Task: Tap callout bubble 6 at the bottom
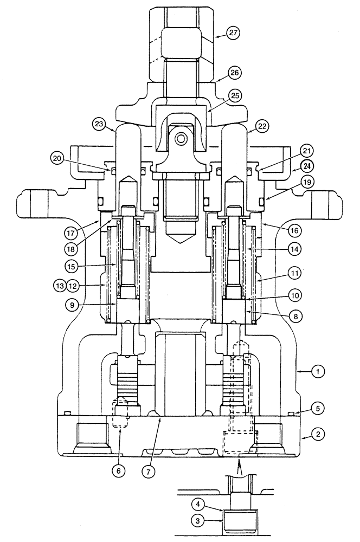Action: pyautogui.click(x=119, y=470)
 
